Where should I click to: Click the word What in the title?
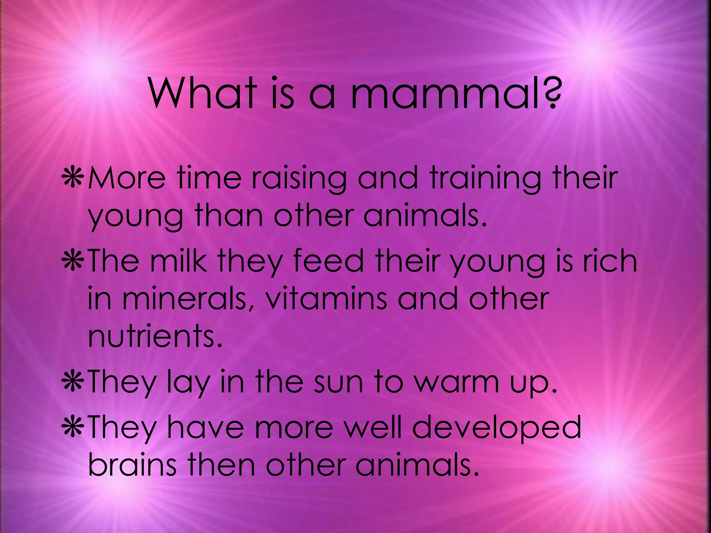203,94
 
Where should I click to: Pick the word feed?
328,261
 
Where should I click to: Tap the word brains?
132,465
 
